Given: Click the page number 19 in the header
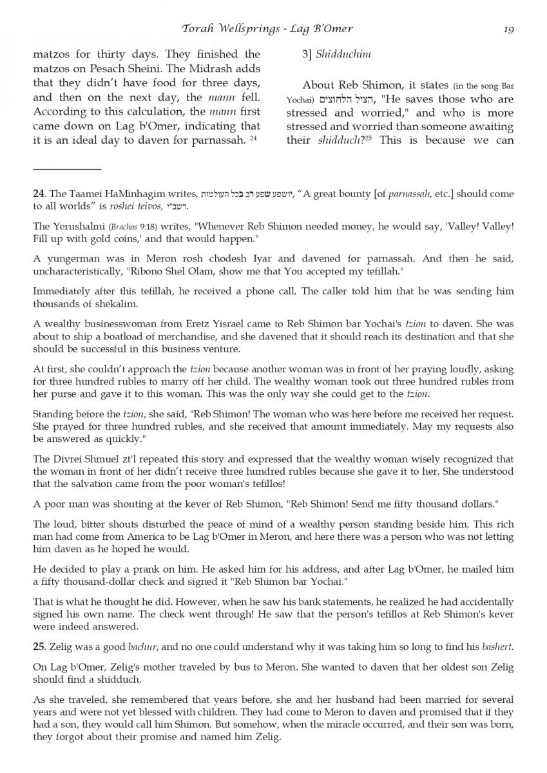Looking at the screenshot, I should coord(508,29).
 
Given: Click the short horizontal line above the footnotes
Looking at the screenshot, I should coord(67,169).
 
